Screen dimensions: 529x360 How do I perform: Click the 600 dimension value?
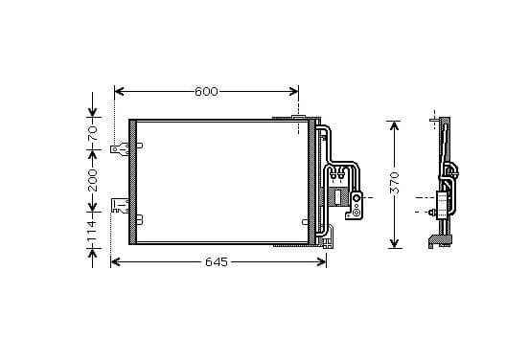206,91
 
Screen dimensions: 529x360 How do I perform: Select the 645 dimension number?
217,262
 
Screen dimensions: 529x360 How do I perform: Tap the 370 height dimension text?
395,183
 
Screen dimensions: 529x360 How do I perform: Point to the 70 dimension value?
92,133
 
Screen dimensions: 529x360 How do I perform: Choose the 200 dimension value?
92,180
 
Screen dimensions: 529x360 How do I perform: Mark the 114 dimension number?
92,231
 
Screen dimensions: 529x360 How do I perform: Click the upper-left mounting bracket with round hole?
120,149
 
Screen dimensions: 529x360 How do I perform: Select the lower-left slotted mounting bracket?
120,206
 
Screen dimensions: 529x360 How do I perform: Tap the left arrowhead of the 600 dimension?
119,91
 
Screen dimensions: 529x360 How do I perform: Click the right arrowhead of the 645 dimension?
322,262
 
